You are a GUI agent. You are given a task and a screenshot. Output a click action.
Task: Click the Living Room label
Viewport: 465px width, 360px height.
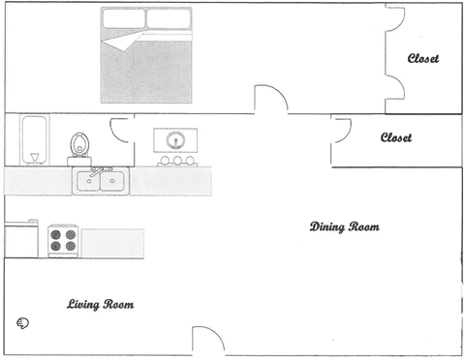point(100,305)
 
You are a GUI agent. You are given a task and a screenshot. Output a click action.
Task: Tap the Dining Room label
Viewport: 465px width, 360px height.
point(344,227)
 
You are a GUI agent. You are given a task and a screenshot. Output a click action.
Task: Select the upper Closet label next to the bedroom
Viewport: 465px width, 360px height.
point(422,59)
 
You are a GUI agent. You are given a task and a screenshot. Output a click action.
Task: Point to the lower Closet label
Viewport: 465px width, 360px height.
point(395,138)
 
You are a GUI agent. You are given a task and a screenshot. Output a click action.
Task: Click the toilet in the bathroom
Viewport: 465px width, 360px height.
point(79,145)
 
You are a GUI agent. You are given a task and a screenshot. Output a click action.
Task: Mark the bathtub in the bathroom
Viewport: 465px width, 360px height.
point(34,141)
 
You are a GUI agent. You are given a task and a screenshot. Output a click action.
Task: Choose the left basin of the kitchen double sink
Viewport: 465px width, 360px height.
point(88,181)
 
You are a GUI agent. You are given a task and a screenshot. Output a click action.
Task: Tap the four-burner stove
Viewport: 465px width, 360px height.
point(63,240)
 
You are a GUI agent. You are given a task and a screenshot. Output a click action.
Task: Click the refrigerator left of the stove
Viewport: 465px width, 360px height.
point(22,240)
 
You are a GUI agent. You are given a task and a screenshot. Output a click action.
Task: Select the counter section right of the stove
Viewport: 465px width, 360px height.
point(112,242)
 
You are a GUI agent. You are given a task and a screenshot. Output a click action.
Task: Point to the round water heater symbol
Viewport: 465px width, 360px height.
point(176,138)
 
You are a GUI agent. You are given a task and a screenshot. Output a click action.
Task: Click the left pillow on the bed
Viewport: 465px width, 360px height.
point(124,18)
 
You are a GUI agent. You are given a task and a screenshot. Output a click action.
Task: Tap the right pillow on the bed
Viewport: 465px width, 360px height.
point(170,18)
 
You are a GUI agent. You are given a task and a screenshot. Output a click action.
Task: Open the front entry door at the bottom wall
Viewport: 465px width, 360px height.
point(206,342)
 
